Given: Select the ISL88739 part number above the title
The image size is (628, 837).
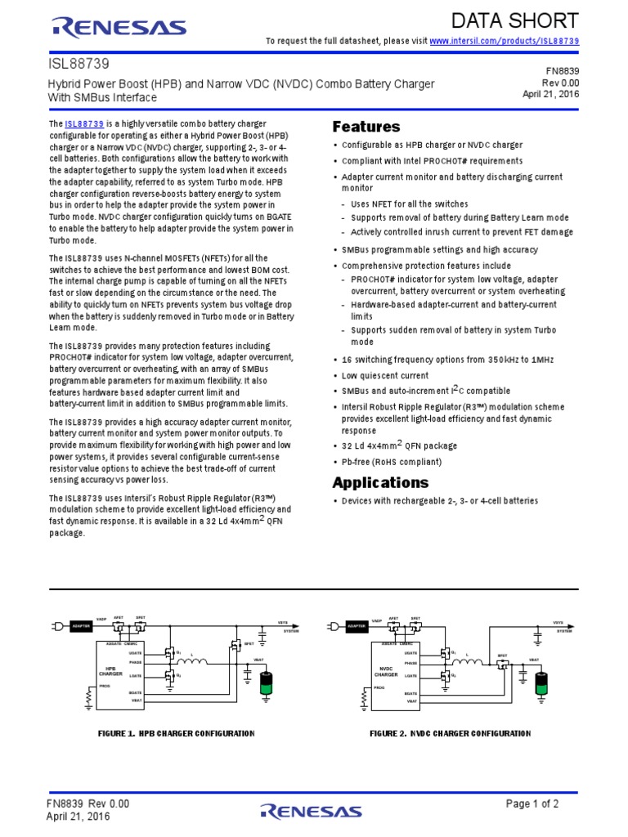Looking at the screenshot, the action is [x=79, y=62].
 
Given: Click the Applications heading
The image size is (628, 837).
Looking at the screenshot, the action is [x=380, y=481].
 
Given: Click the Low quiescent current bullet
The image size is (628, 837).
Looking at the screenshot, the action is [x=384, y=375].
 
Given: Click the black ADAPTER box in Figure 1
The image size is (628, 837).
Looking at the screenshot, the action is [x=80, y=626].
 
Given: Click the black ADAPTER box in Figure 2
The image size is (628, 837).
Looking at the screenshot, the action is [x=356, y=626].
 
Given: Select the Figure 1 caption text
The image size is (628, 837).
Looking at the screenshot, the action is [x=176, y=733].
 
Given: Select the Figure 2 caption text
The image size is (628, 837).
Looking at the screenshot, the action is [x=450, y=733].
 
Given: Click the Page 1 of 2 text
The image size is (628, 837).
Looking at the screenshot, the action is [x=532, y=804].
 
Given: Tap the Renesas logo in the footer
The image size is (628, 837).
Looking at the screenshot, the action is [x=311, y=811].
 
